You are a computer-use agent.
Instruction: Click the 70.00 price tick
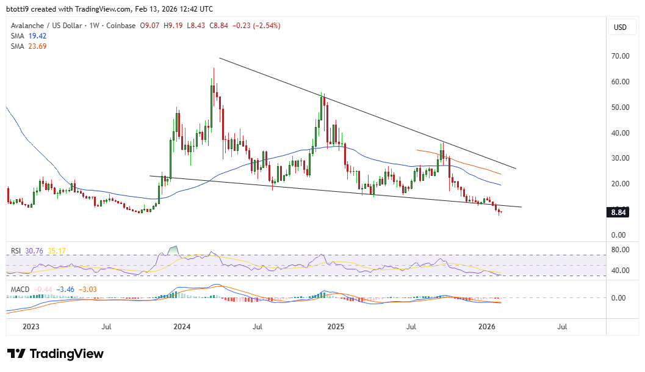coord(621,56)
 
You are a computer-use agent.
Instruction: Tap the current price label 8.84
coord(620,213)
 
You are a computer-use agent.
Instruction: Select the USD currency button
coord(620,27)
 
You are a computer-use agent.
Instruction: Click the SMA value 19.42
coord(37,36)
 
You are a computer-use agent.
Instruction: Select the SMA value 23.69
coord(37,46)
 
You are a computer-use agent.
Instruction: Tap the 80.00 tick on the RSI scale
coord(621,250)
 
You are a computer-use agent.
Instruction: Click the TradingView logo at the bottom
coord(56,354)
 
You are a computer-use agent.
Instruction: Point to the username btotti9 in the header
coord(20,9)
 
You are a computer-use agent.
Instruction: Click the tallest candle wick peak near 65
coord(214,68)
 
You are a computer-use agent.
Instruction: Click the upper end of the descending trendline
coord(220,58)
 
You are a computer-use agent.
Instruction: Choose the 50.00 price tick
coord(621,108)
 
